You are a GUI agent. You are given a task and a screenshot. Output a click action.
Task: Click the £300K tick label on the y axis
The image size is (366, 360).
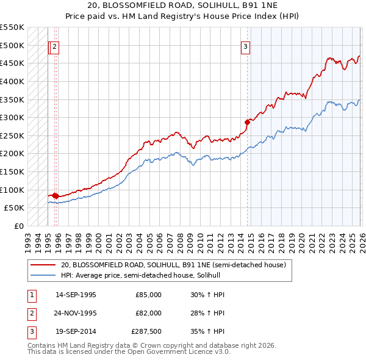pyautogui.click(x=12, y=117)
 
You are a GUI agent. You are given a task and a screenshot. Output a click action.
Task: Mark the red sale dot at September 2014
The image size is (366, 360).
pyautogui.click(x=248, y=122)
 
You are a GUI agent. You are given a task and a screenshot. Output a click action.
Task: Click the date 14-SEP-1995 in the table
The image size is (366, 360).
pyautogui.click(x=76, y=295)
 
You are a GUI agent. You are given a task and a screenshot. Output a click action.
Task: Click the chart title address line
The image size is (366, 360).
pyautogui.click(x=183, y=5)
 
